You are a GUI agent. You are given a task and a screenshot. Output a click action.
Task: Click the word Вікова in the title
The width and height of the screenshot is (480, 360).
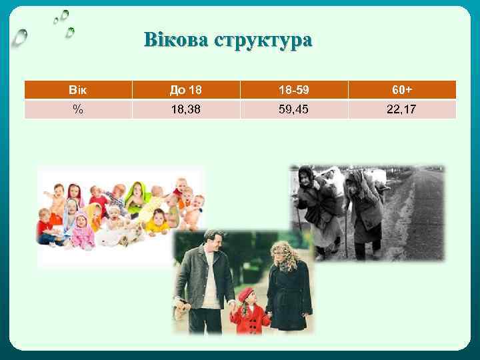(x=175, y=41)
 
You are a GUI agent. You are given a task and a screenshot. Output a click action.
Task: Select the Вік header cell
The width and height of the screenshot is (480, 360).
(x=78, y=90)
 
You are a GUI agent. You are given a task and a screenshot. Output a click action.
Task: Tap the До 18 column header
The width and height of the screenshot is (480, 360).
(x=186, y=90)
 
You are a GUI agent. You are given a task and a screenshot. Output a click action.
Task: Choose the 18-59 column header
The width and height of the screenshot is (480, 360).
(x=293, y=90)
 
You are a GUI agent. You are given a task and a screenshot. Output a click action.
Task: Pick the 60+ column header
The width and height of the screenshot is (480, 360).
(x=402, y=90)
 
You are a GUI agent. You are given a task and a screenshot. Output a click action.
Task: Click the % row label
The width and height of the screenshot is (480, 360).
(x=78, y=109)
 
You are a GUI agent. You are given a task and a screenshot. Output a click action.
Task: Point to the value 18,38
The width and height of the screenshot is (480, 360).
(x=186, y=109)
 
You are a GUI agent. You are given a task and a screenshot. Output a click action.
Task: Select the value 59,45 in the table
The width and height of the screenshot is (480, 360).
(x=293, y=109)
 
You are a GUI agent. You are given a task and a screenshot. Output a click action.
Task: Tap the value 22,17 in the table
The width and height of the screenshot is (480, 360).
(x=402, y=109)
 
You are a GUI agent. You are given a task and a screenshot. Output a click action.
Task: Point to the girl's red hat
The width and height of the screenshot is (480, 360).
(x=247, y=293)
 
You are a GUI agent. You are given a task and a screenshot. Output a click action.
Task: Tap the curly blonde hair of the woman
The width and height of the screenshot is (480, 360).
(x=283, y=253)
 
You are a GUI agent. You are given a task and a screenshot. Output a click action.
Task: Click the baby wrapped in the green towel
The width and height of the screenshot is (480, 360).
(x=139, y=193)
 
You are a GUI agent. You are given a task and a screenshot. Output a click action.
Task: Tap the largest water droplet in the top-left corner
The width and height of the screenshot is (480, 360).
(x=21, y=38)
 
